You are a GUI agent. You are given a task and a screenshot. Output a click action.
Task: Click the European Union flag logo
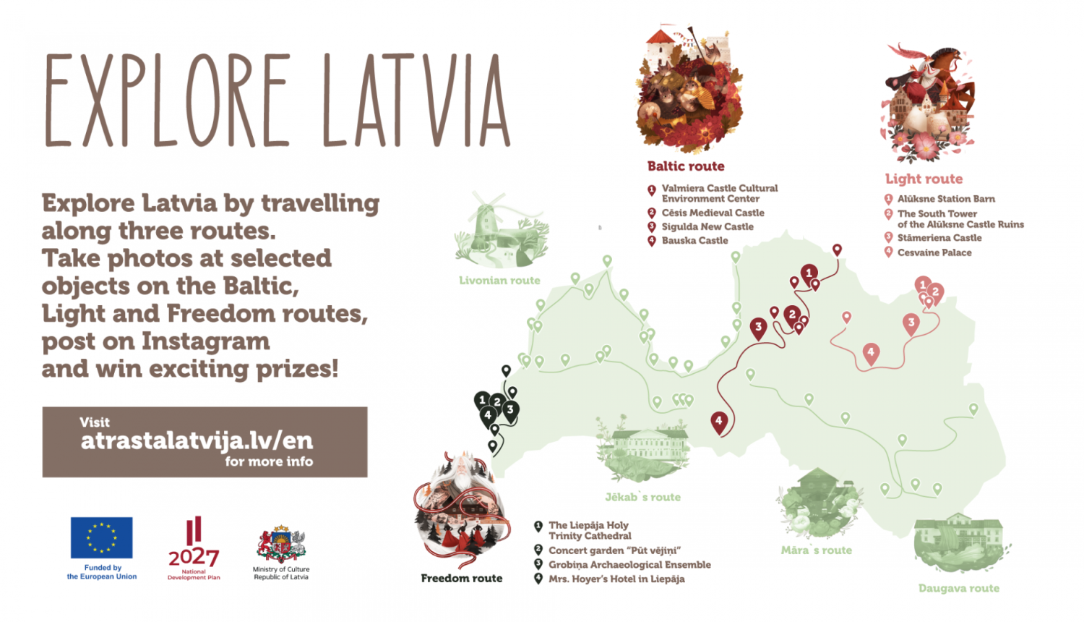coord(101,537)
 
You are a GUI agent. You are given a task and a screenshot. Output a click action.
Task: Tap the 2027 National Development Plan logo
coord(194,542)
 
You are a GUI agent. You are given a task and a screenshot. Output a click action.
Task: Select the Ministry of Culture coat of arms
coord(281,545)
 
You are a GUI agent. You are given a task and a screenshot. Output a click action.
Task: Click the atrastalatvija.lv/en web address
coord(197,440)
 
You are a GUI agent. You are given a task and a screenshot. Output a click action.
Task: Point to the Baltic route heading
coord(685,166)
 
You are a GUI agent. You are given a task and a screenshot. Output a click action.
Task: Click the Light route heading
coord(924,179)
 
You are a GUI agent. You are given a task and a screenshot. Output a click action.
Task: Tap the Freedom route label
coord(461,578)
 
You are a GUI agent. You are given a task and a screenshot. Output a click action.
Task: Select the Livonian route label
coord(499,281)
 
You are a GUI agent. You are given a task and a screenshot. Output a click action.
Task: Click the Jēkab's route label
coord(642,497)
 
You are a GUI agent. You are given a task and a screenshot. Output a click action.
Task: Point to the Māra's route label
coord(816,550)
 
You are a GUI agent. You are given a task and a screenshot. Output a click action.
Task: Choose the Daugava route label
coord(958,588)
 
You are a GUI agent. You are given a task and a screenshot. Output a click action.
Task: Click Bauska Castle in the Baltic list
coord(694,241)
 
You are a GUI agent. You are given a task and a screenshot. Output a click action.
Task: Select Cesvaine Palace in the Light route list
coord(934,252)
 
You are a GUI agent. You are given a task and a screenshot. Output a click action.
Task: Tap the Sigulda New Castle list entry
coord(707,226)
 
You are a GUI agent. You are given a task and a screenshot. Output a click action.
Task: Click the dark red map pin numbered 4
coord(718,422)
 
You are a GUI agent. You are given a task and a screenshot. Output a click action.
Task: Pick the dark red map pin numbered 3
coord(758,328)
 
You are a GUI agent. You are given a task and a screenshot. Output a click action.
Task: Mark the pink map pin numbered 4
coord(871,353)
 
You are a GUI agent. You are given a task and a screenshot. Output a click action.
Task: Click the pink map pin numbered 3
coord(911,323)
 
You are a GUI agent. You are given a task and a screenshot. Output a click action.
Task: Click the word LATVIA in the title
coord(416,101)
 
